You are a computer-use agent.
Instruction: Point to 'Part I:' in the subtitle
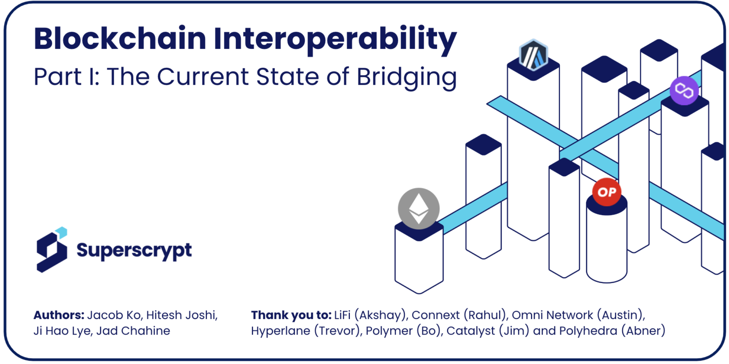[x=65, y=77]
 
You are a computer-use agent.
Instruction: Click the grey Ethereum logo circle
[x=419, y=209]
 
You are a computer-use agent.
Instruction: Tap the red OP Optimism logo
[x=607, y=192]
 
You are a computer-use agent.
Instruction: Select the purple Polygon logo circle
[x=684, y=90]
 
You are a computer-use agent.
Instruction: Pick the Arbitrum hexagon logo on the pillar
[x=533, y=55]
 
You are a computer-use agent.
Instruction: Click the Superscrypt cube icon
[x=53, y=250]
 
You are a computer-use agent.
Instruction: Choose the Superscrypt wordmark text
[x=134, y=250]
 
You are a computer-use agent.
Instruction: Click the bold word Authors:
[x=59, y=315]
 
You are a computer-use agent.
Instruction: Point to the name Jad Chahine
[x=133, y=331]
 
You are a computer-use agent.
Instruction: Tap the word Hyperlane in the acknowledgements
[x=281, y=331]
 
